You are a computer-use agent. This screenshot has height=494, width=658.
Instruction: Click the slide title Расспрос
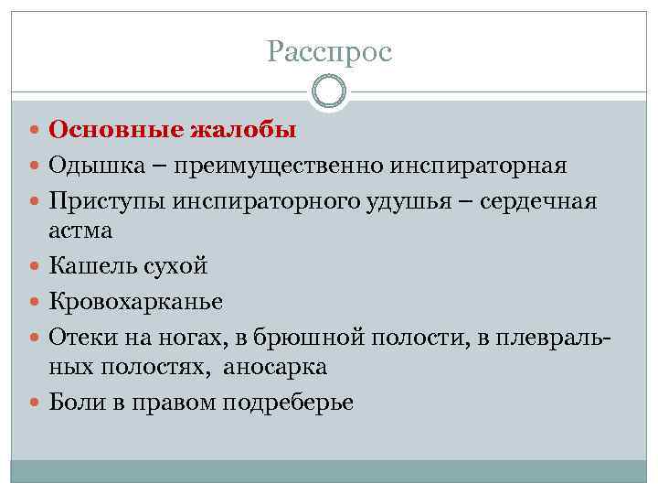click(329, 52)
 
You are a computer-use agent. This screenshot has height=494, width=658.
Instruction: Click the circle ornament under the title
click(329, 92)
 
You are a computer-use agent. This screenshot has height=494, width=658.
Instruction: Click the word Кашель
click(89, 266)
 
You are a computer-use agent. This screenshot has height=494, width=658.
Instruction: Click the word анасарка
click(274, 366)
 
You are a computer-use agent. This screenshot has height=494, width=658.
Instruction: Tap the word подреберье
click(292, 402)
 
